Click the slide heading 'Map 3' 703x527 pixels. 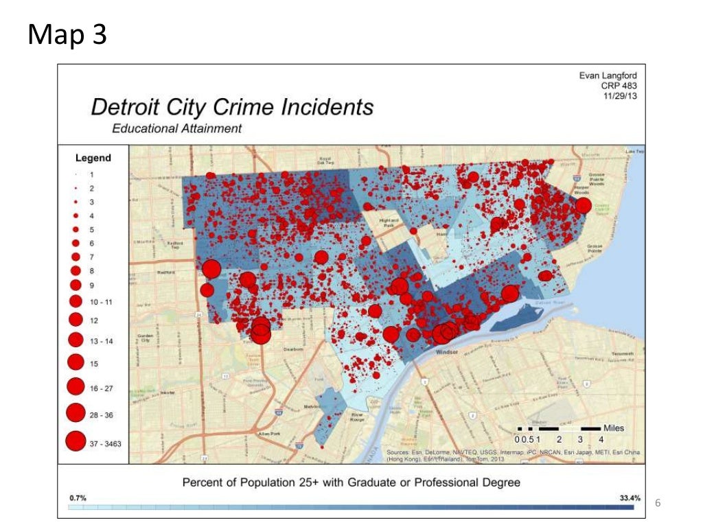(x=67, y=35)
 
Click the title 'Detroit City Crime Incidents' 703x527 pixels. (x=233, y=107)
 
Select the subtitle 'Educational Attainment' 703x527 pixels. (x=176, y=128)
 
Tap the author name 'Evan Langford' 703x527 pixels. (x=609, y=75)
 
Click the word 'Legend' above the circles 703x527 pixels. (x=93, y=158)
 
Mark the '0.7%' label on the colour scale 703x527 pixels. (x=78, y=497)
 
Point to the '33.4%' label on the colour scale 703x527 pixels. (x=630, y=497)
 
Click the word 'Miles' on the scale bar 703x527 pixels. (x=614, y=428)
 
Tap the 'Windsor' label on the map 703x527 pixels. (x=447, y=352)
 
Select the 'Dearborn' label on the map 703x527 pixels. (x=293, y=349)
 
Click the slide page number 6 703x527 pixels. (x=658, y=504)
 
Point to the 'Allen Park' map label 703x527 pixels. (x=267, y=434)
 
